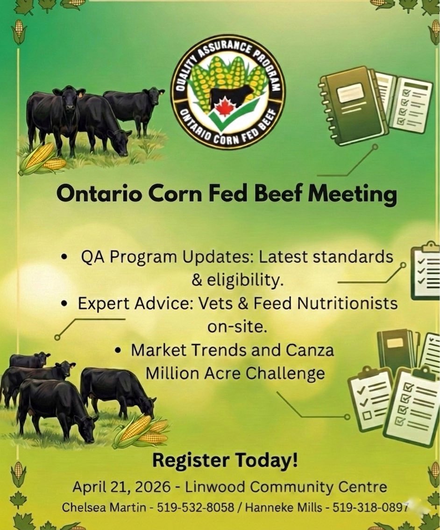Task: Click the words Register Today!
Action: [x=225, y=461]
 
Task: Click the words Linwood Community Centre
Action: [x=286, y=488]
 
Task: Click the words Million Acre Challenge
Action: [x=235, y=373]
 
